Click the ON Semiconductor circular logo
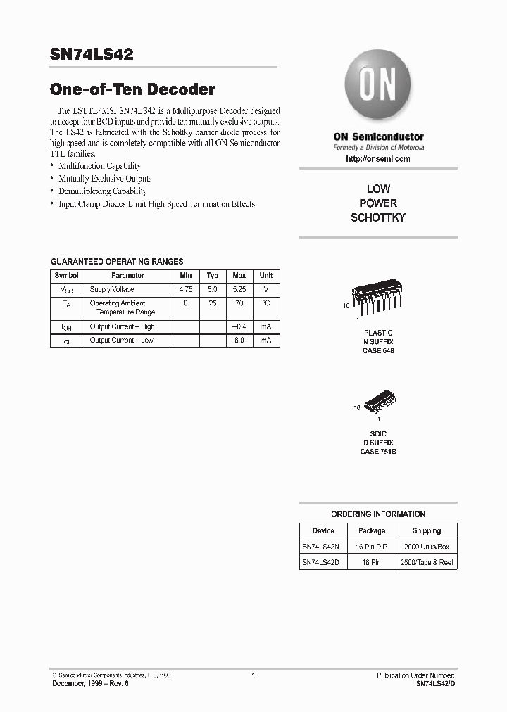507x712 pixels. click(378, 88)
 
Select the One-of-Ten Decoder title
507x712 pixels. click(132, 89)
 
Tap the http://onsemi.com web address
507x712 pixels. click(378, 159)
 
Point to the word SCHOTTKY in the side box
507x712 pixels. click(378, 218)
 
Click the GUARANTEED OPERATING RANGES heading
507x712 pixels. click(117, 261)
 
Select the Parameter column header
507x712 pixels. click(127, 276)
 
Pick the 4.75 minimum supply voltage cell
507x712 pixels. click(186, 289)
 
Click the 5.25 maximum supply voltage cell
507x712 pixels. click(239, 289)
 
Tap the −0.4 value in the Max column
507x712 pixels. click(239, 326)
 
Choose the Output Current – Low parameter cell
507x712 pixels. click(121, 341)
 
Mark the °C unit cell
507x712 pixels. click(266, 303)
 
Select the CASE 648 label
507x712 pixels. click(378, 350)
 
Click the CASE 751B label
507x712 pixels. click(378, 452)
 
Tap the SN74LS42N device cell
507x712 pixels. click(320, 547)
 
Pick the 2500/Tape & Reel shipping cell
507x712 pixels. click(426, 563)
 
